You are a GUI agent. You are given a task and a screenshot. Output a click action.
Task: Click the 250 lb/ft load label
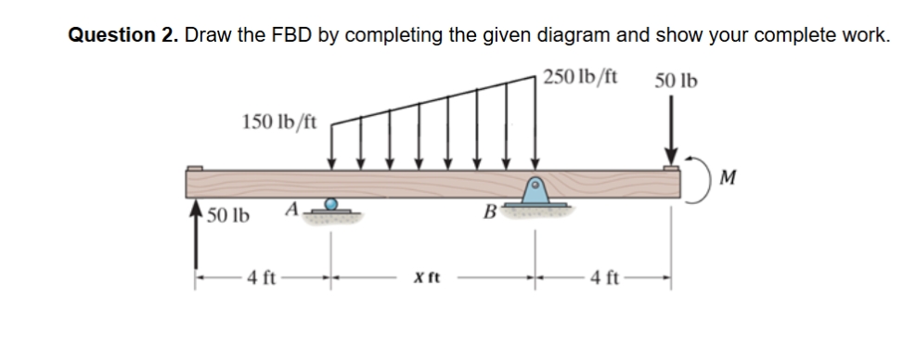(x=583, y=76)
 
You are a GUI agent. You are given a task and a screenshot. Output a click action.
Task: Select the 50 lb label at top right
(x=677, y=80)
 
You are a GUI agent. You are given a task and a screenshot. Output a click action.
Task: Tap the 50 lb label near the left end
(x=226, y=216)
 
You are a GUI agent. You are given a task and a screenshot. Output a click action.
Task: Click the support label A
(x=290, y=211)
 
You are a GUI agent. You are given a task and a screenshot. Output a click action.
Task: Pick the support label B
(x=487, y=216)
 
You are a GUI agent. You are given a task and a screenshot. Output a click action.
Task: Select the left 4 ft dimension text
(x=264, y=276)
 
